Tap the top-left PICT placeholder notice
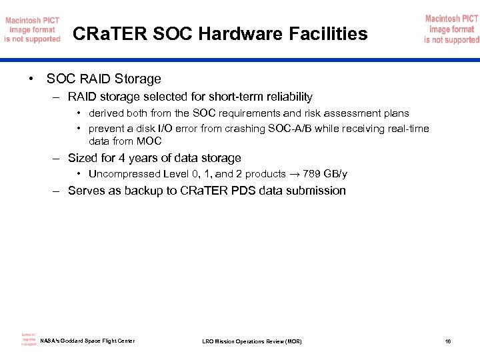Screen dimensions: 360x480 (32, 29)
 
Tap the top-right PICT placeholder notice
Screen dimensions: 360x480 (451, 29)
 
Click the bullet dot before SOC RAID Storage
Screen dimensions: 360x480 (32, 79)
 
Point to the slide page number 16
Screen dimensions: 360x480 (448, 342)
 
